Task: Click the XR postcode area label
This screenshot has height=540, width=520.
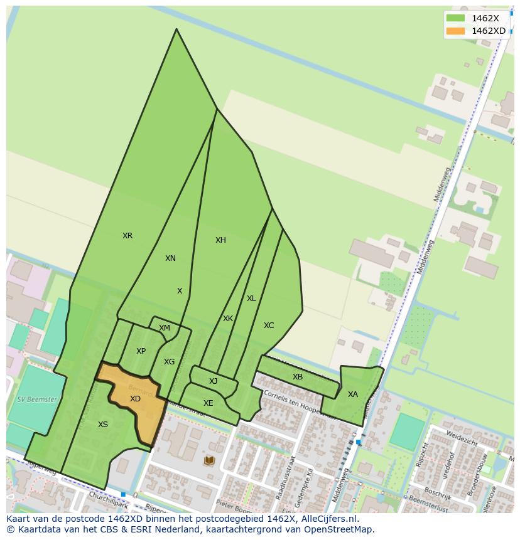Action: (127, 236)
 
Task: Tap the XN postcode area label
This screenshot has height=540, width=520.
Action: (170, 258)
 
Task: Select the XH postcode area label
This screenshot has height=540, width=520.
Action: (220, 240)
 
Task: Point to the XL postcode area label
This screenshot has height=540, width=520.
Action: (251, 299)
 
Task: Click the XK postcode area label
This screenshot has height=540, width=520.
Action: (228, 319)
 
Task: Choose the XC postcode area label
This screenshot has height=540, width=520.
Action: (269, 326)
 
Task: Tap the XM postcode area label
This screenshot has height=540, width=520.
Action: (165, 328)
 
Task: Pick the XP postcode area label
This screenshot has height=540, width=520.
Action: (141, 351)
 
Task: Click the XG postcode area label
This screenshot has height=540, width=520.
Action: (169, 362)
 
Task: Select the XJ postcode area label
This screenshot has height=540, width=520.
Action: (213, 381)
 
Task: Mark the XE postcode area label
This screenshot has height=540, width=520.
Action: (208, 403)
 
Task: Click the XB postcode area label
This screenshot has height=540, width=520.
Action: (298, 377)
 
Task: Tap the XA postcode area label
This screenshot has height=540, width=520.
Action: (352, 394)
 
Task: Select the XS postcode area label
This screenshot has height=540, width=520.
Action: (103, 425)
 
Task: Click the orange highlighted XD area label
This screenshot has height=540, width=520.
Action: (135, 399)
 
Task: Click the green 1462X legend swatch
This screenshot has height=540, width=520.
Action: (455, 19)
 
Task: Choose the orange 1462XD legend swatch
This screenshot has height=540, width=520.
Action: (455, 31)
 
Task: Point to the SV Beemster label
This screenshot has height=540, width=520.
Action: (37, 400)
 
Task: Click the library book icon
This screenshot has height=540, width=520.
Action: (209, 461)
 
